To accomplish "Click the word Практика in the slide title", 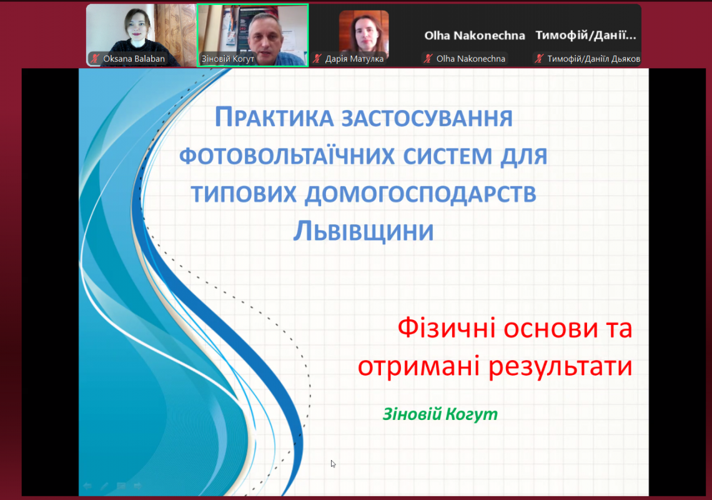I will (x=270, y=118).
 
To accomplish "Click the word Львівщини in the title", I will (x=363, y=231).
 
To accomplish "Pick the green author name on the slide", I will (x=440, y=414).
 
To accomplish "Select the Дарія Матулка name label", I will (x=354, y=59).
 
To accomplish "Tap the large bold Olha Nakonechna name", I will (x=475, y=36).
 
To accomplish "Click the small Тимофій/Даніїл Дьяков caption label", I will (x=593, y=59).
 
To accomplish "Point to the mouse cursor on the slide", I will (x=333, y=463).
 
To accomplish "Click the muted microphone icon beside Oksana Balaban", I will (x=95, y=59).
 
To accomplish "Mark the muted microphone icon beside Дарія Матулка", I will (x=317, y=59).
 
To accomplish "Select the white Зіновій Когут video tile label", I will (x=227, y=59).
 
